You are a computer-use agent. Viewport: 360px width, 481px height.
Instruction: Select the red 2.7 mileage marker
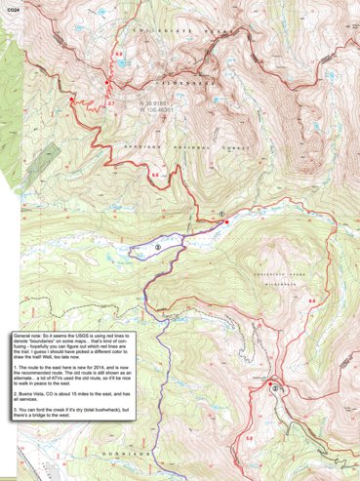coord(111,102)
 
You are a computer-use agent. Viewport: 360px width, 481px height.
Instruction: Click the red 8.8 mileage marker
coord(311,301)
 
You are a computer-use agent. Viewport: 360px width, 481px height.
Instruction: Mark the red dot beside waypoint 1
coord(226,222)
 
